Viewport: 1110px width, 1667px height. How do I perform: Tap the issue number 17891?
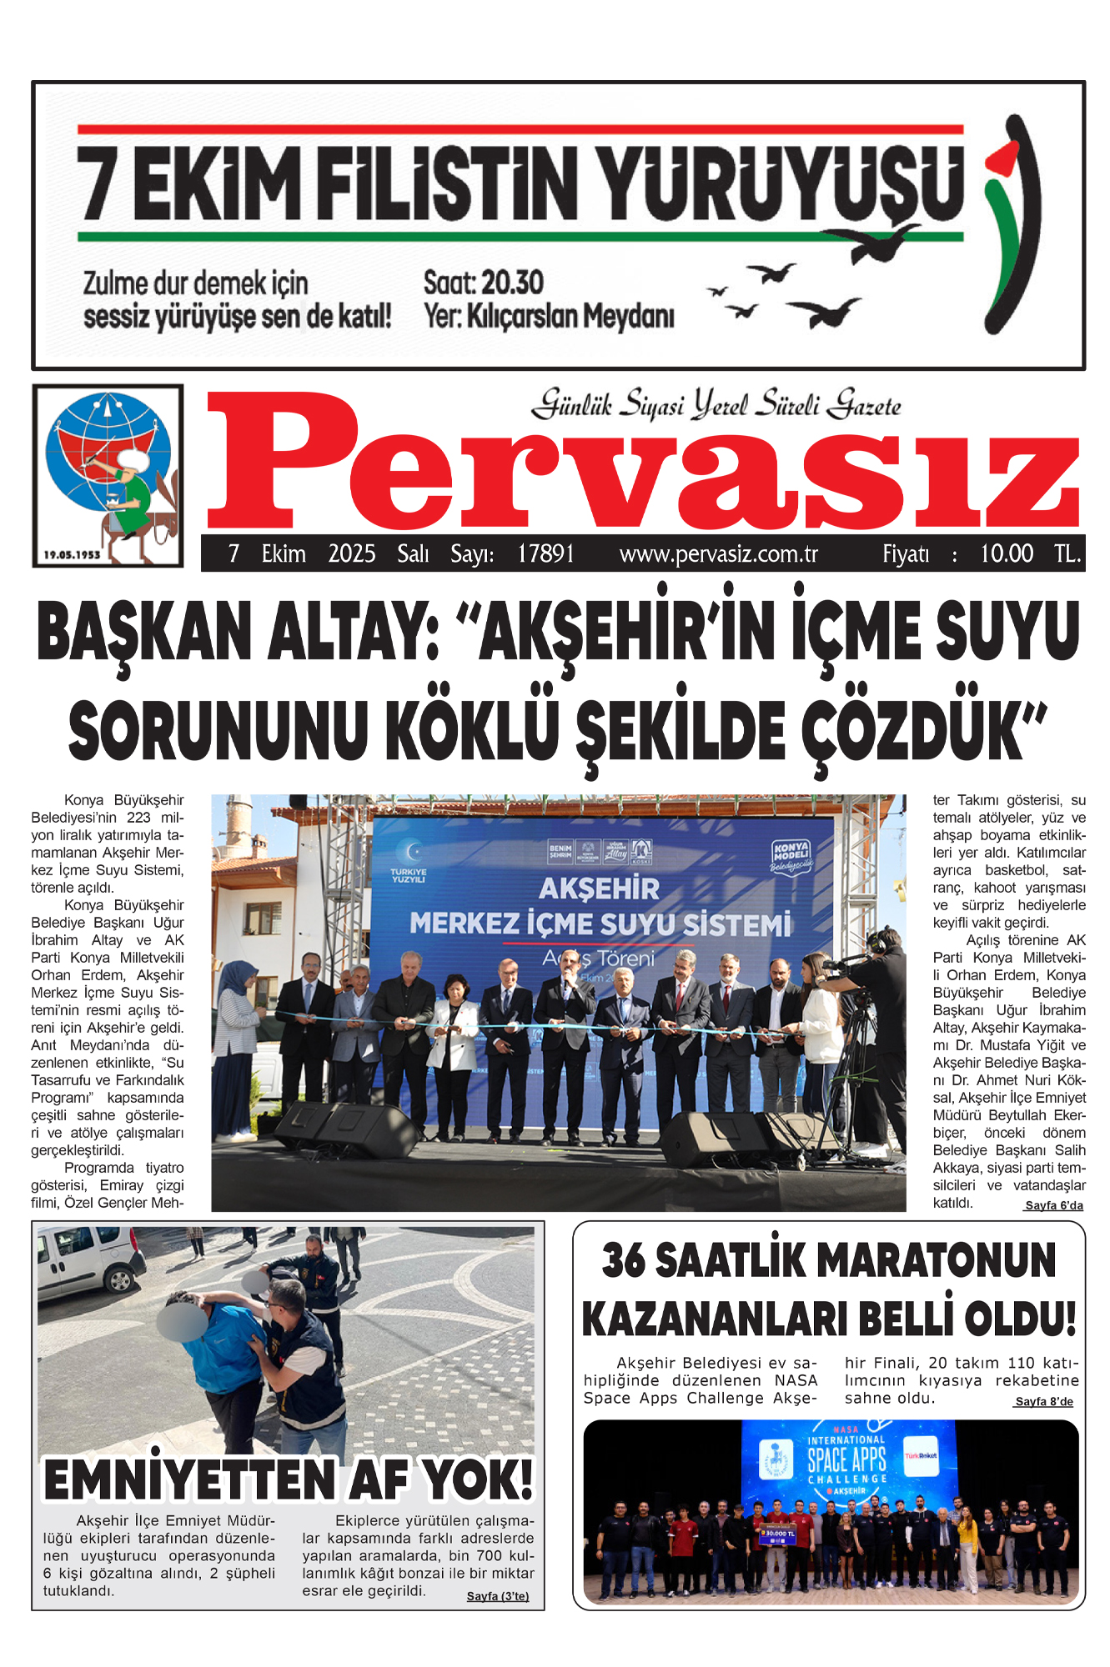(545, 554)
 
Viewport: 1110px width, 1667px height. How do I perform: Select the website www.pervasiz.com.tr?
(718, 554)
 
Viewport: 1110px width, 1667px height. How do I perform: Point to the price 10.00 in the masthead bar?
(1006, 554)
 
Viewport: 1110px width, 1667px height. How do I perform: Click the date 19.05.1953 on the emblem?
(72, 554)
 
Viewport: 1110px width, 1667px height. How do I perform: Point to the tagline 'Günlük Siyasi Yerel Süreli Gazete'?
(716, 405)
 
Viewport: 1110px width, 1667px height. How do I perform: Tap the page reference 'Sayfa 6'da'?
(1053, 1205)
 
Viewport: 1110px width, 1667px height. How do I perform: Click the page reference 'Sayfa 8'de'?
(1044, 1402)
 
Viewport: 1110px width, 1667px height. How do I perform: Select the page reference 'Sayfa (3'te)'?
(497, 1596)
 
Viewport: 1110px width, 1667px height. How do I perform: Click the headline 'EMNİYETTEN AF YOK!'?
(288, 1481)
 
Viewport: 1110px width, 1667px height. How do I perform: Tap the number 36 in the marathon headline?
(624, 1260)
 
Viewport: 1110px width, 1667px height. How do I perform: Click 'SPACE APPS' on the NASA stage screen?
(846, 1459)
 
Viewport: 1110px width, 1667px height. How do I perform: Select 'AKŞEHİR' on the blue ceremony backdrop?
(599, 889)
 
